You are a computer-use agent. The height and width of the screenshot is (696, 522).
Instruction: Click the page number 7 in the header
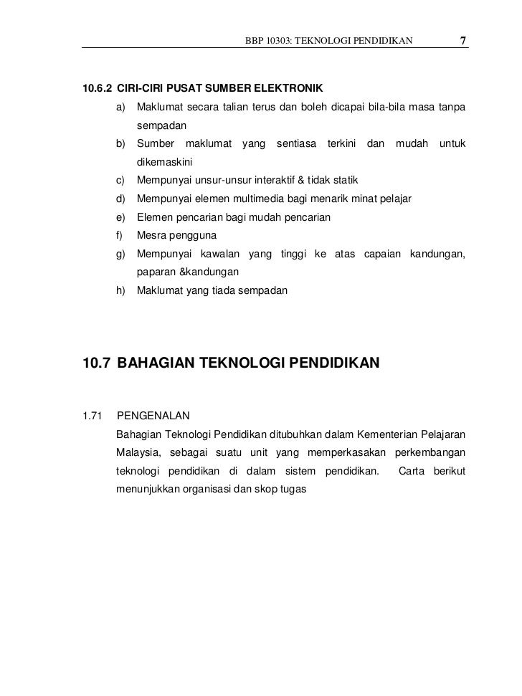coord(464,39)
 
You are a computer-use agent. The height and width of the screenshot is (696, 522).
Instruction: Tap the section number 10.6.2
coord(98,89)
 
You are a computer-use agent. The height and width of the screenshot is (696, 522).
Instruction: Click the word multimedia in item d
coord(260,199)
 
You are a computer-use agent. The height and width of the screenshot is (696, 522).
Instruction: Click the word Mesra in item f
coord(151,236)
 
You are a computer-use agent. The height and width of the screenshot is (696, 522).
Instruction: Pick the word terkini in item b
coord(342,144)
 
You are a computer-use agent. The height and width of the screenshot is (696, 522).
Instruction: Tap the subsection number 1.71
coord(93,416)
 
